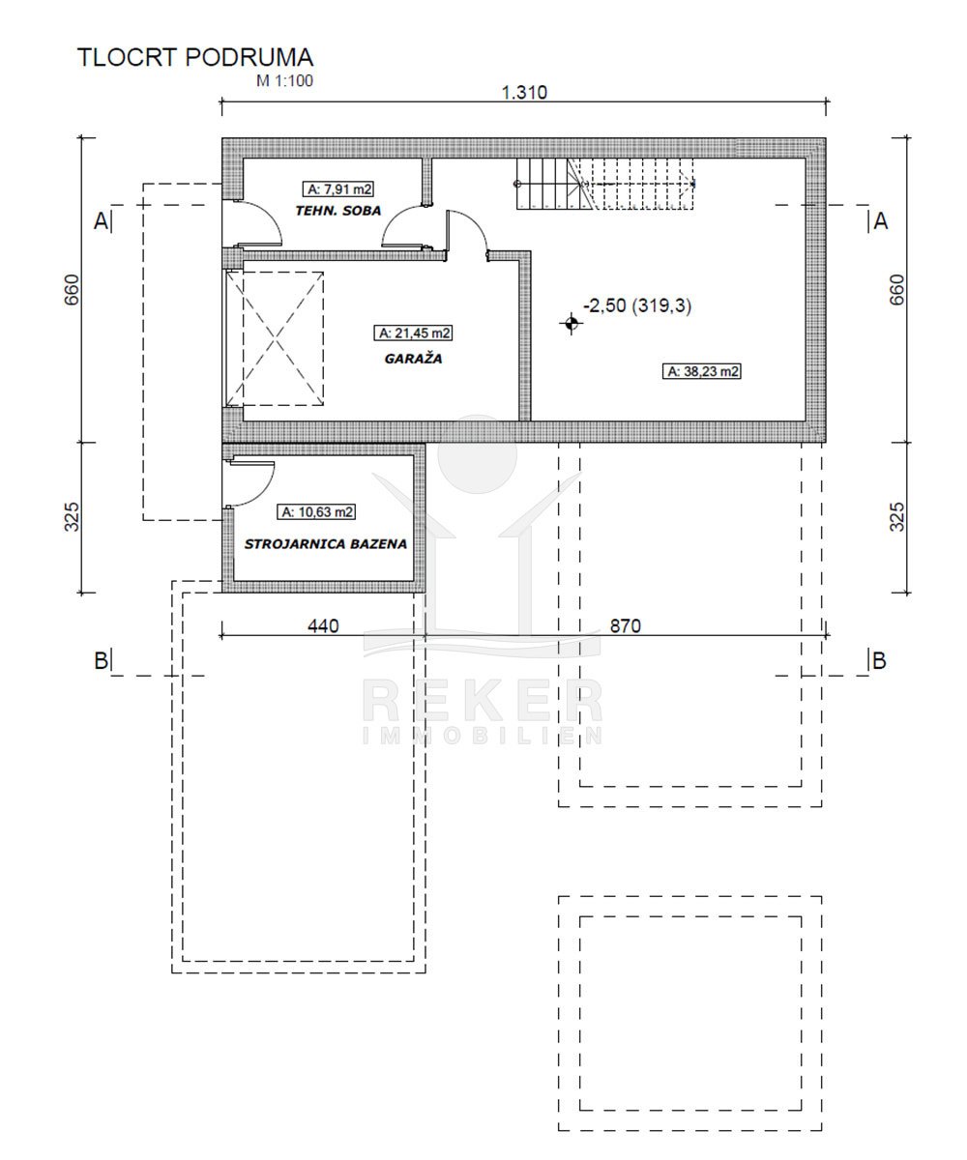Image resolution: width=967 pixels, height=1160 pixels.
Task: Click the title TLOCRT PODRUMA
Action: click(x=195, y=57)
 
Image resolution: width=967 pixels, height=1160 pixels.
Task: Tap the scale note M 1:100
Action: click(x=284, y=81)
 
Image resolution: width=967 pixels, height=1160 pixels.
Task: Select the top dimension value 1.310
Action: click(x=524, y=92)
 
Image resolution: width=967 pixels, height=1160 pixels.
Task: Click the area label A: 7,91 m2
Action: click(x=338, y=189)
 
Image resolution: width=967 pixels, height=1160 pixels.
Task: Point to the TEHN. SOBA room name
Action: click(x=337, y=211)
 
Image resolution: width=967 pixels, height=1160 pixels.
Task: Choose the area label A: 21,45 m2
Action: click(x=413, y=333)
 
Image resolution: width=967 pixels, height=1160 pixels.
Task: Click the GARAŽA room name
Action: click(x=414, y=359)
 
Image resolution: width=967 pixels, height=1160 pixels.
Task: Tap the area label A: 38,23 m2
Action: click(x=702, y=371)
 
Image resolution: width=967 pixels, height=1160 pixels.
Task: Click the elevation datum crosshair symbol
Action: click(x=571, y=323)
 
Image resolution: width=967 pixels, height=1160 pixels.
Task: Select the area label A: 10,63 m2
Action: click(x=316, y=511)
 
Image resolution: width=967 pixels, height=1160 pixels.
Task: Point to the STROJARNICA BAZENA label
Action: click(x=326, y=544)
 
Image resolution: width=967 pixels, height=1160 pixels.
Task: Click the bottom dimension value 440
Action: click(x=323, y=626)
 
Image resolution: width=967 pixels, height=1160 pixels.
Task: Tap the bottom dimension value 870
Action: click(x=626, y=626)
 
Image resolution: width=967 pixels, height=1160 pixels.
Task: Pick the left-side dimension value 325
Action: click(x=73, y=517)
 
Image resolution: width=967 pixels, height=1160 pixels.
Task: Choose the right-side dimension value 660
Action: click(x=897, y=290)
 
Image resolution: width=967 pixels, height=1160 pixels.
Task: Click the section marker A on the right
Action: click(x=880, y=221)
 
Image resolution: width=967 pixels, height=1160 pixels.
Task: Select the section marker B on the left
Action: click(x=102, y=660)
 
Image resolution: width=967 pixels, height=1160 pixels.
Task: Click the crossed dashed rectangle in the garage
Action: click(x=275, y=339)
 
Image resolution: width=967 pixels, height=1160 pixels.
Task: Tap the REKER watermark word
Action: click(x=483, y=702)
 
